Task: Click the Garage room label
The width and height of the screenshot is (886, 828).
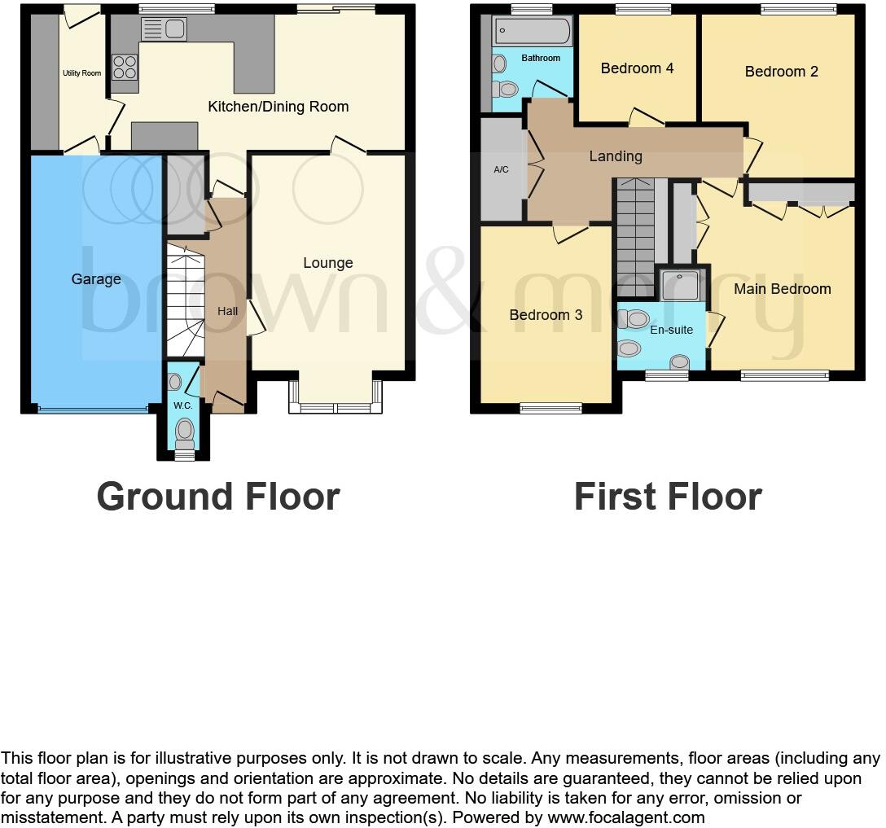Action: click(x=96, y=279)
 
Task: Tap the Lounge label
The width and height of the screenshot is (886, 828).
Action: click(x=328, y=263)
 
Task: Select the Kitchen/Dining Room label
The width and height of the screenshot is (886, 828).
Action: click(x=278, y=107)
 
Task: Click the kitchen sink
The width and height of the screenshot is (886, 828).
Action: click(x=164, y=29)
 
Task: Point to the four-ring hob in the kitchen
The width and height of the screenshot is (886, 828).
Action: click(x=125, y=67)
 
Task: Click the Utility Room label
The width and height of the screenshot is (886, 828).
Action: click(x=82, y=73)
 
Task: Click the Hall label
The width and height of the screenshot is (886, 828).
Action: click(x=227, y=311)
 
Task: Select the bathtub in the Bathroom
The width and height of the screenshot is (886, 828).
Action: click(x=533, y=32)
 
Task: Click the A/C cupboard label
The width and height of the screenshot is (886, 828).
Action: click(x=501, y=169)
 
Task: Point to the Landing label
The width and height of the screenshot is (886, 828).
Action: click(x=616, y=156)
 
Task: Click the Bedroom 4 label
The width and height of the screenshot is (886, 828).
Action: click(x=637, y=68)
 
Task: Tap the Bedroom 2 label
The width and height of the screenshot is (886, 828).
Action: click(x=781, y=72)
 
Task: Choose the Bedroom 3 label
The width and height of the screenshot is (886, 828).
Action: click(x=546, y=315)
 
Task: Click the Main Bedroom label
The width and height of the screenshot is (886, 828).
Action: click(x=782, y=289)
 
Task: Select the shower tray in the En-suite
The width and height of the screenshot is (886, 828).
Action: click(x=681, y=285)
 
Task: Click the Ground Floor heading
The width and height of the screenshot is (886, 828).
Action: click(x=217, y=497)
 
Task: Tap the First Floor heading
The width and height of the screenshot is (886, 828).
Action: click(x=667, y=497)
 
